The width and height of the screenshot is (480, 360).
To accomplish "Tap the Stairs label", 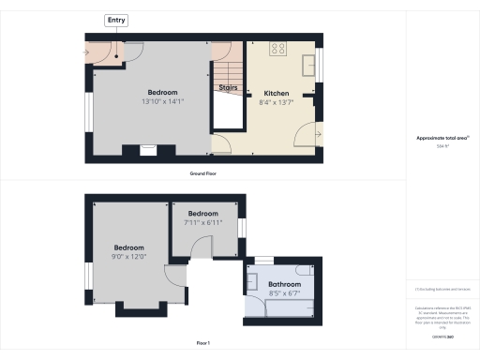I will click(228, 87).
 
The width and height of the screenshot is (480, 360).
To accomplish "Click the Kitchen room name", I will click(276, 93).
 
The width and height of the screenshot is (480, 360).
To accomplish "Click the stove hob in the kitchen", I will click(278, 49).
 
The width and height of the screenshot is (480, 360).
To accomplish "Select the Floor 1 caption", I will click(203, 344).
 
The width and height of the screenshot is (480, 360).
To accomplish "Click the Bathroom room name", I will click(284, 283).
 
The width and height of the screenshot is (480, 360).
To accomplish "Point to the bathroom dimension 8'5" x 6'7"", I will click(284, 292).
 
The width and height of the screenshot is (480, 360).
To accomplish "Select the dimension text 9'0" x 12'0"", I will click(128, 256).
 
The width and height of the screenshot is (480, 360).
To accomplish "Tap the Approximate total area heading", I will click(442, 138).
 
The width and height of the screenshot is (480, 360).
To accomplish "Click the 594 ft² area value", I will click(442, 146).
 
